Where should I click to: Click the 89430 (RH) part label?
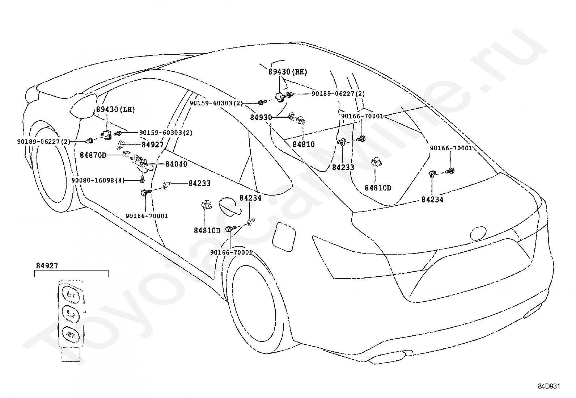tap(287, 72)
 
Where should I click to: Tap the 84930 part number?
tap(261, 118)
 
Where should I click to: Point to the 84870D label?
tap(93, 155)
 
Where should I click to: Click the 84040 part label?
tap(176, 164)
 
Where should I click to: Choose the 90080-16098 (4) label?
tap(98, 180)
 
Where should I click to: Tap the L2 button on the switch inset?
tap(69, 314)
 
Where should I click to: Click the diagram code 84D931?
tap(549, 386)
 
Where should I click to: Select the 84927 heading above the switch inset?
tap(47, 266)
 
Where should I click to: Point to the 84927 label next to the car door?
tap(152, 145)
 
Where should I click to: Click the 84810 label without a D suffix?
tap(303, 144)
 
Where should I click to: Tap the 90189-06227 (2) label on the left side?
tap(43, 141)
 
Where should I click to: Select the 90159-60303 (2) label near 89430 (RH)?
tap(216, 103)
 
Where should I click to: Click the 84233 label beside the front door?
tap(199, 184)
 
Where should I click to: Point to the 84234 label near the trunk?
tap(432, 200)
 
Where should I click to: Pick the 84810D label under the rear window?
tap(378, 188)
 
